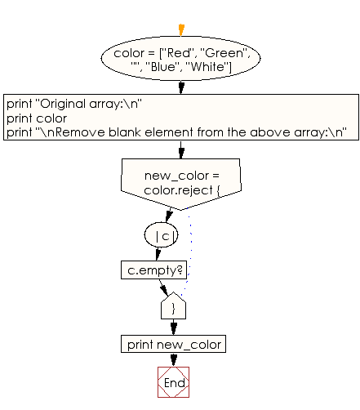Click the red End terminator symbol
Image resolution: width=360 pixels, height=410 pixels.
point(172,381)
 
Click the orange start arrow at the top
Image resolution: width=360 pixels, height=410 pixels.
point(180,31)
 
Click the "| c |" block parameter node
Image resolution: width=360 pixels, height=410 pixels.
point(166,236)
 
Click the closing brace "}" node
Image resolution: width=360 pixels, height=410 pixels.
point(173,307)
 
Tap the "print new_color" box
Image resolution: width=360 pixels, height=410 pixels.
point(172,344)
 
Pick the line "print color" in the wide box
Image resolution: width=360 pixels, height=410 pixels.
point(37,118)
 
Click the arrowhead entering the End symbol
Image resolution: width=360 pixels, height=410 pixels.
point(172,362)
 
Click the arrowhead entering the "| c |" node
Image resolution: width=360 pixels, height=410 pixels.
point(167,218)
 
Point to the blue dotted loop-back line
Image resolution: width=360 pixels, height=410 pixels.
point(191,253)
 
